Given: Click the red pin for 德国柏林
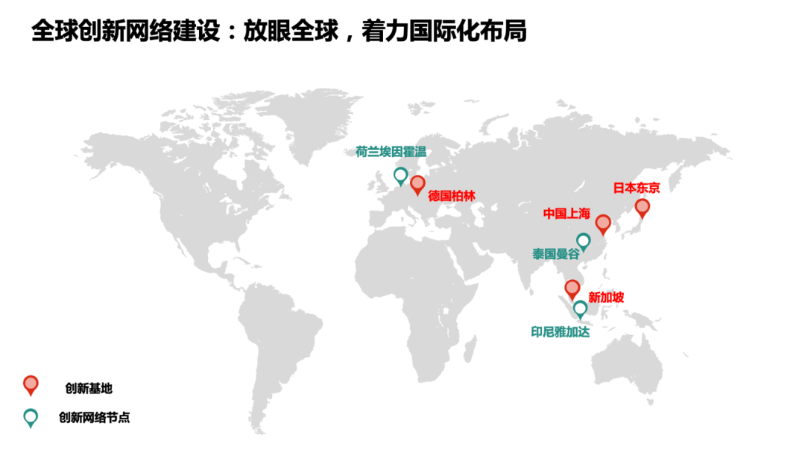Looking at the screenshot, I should (417, 184).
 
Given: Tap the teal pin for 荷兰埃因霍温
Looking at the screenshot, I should (401, 176).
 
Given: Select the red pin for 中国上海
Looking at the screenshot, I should (603, 223).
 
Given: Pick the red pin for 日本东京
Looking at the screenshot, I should (643, 208).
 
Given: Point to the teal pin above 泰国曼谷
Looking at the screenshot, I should (584, 241).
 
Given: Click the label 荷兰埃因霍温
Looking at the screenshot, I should (391, 153).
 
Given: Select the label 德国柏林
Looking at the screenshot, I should (452, 196).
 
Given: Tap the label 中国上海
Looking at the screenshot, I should (566, 214).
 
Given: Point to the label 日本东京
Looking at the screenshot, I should (637, 188).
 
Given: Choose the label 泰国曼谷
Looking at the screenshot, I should (556, 254).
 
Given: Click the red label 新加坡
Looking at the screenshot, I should (606, 297).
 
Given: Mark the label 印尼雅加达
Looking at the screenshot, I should (560, 332).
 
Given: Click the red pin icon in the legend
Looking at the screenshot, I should (31, 385).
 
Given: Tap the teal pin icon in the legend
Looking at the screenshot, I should (31, 417).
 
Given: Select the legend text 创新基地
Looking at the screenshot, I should (89, 388).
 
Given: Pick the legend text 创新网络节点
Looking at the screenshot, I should (95, 418).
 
